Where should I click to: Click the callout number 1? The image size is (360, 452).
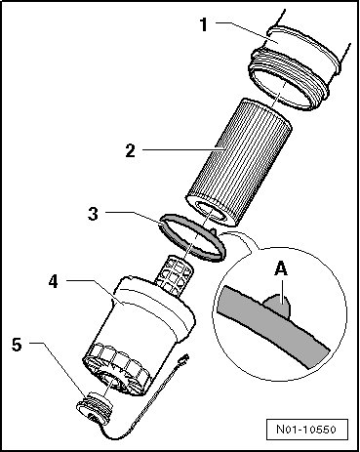coord(204,24)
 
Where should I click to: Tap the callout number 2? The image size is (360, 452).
coord(131,150)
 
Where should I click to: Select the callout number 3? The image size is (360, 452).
coord(93,214)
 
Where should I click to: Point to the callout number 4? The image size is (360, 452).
coord(54,281)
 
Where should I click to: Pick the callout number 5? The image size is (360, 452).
coord(17,345)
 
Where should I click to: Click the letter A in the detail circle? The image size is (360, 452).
coord(281,269)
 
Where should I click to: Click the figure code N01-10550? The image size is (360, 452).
coord(306,430)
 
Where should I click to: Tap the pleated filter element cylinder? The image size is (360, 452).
coord(239,162)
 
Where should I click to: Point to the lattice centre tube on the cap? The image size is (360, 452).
coord(174,273)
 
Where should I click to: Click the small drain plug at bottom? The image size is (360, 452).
coord(95,407)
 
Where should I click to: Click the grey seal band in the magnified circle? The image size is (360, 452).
coord(273,324)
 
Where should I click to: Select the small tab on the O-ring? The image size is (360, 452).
coord(213,232)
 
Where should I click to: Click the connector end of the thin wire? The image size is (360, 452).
coord(185,359)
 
